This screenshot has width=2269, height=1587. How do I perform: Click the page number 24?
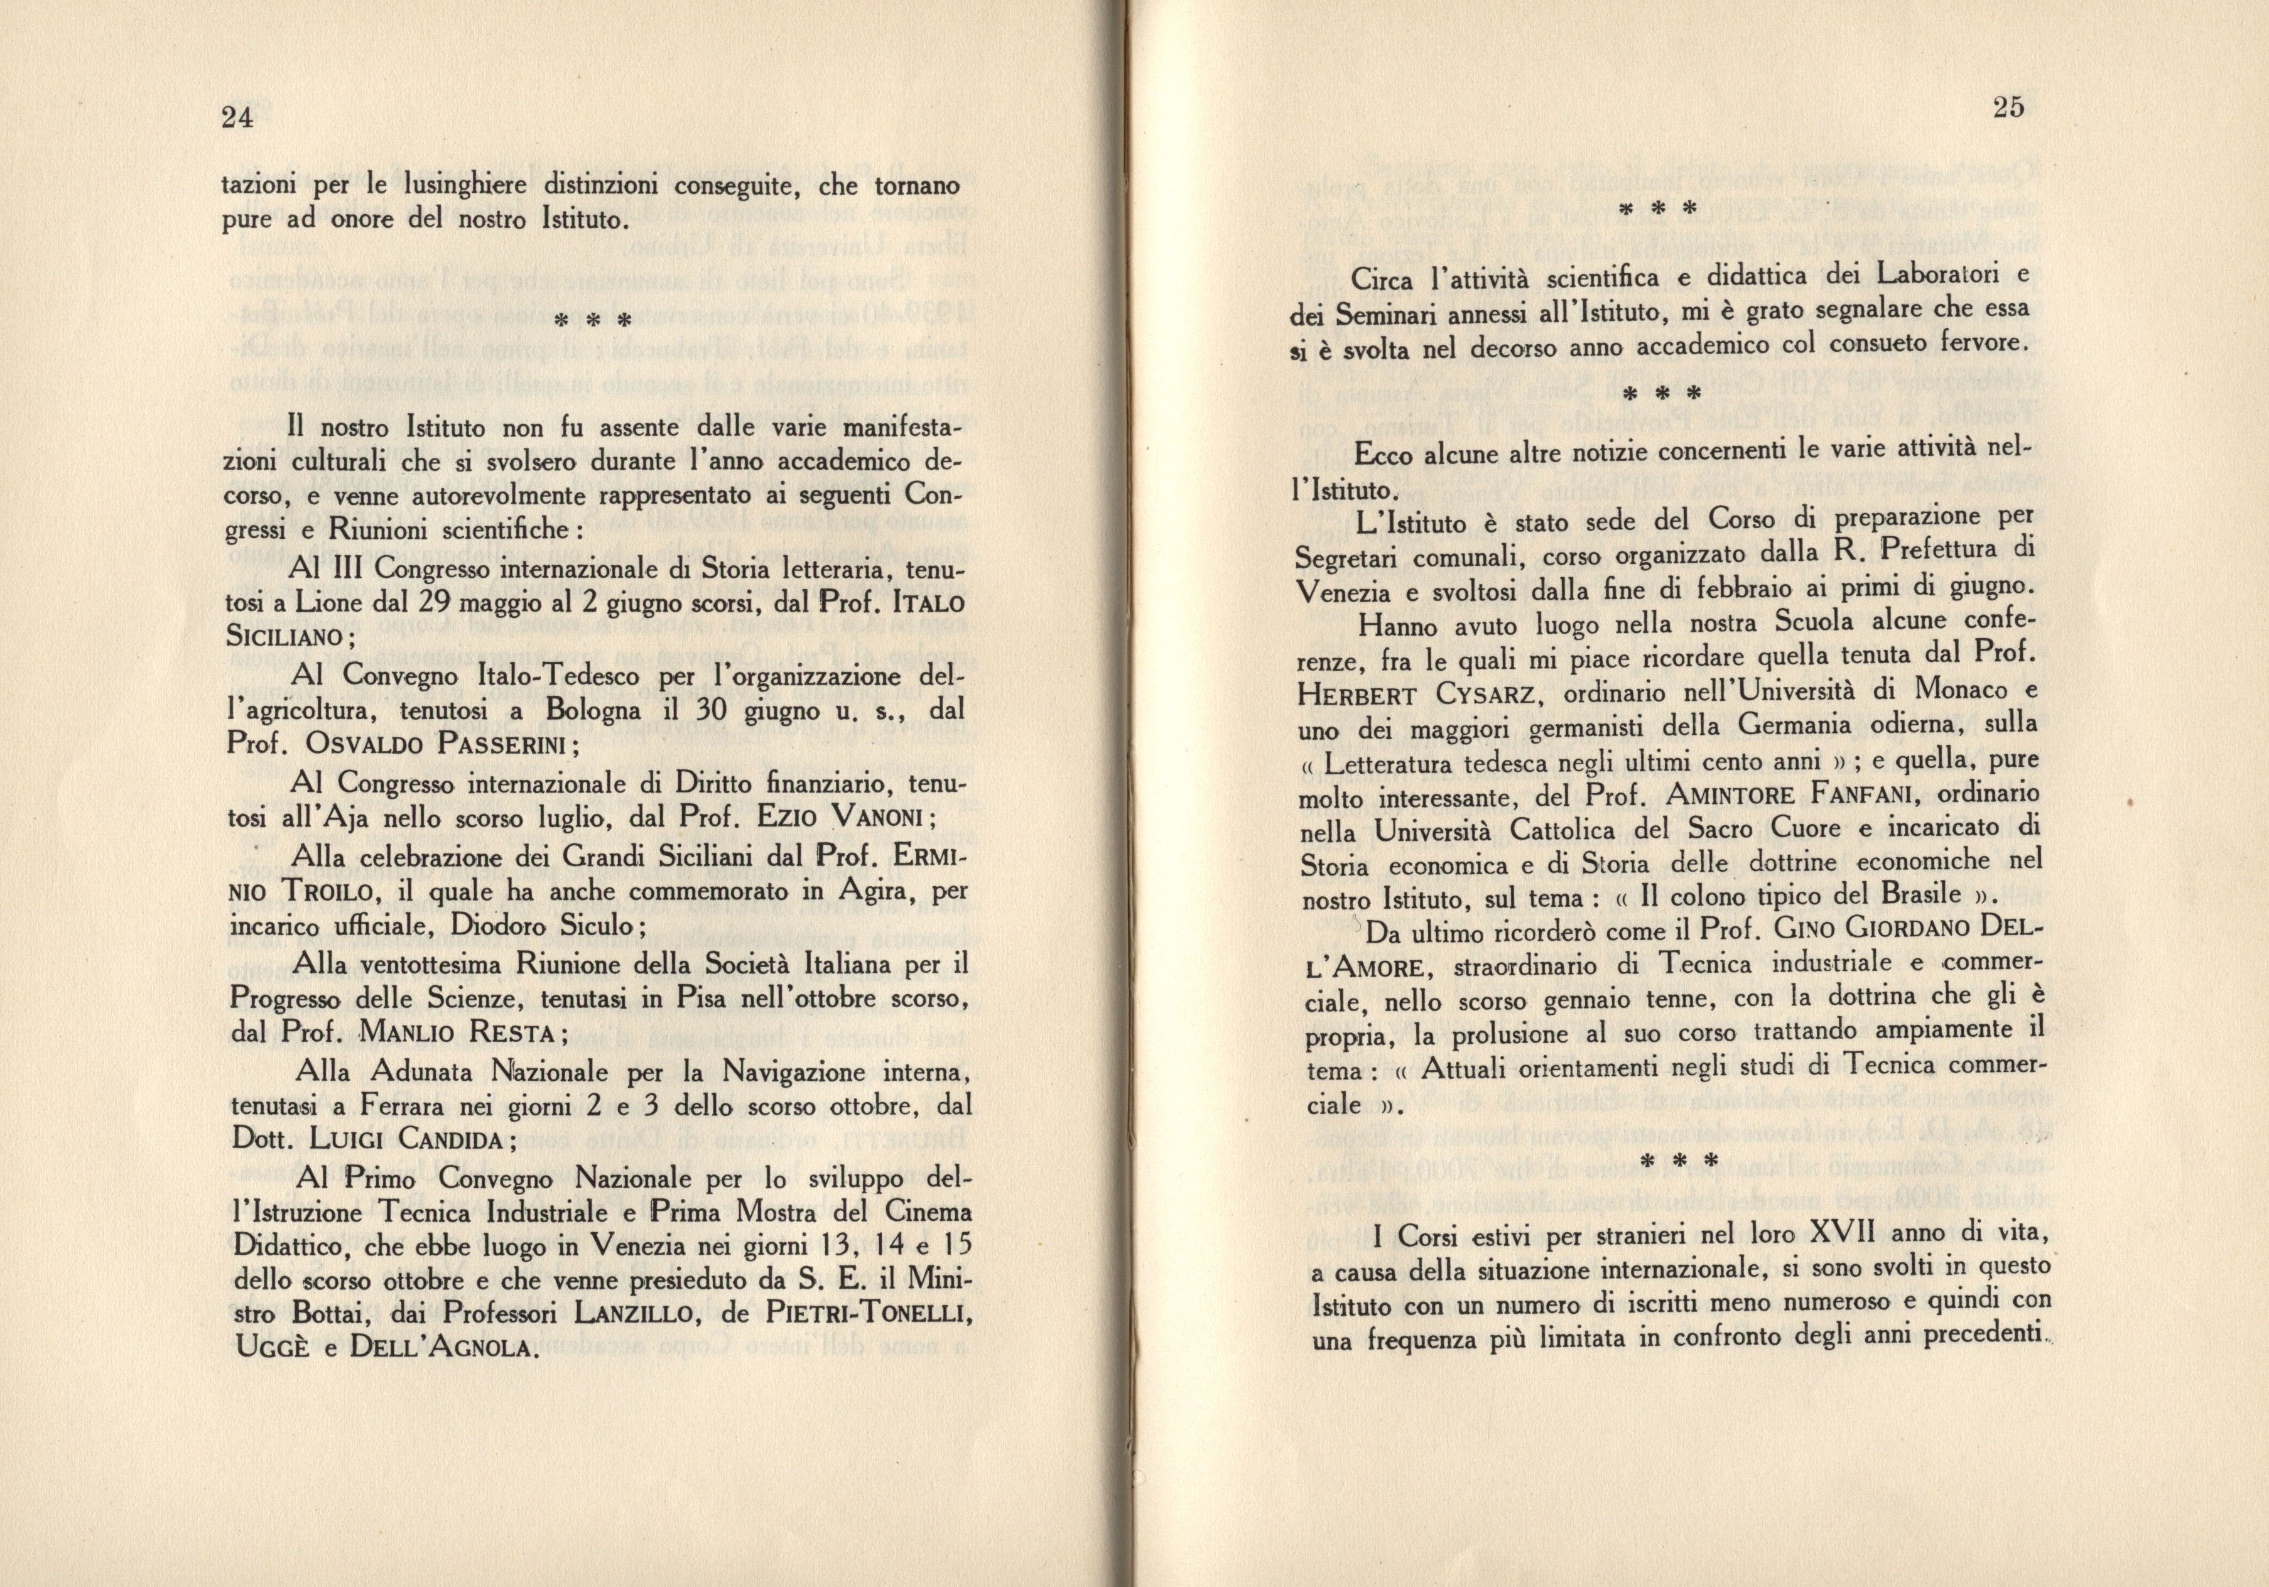tap(238, 119)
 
